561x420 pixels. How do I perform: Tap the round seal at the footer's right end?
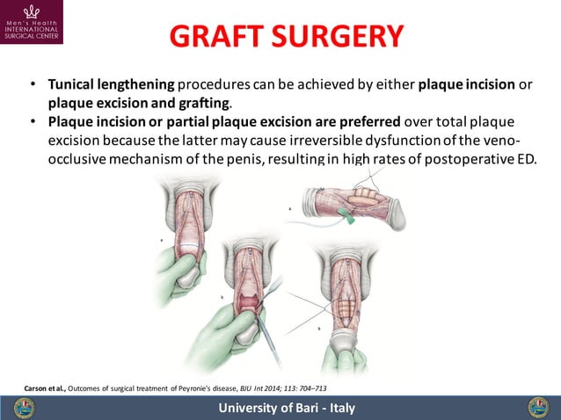click(537, 408)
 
